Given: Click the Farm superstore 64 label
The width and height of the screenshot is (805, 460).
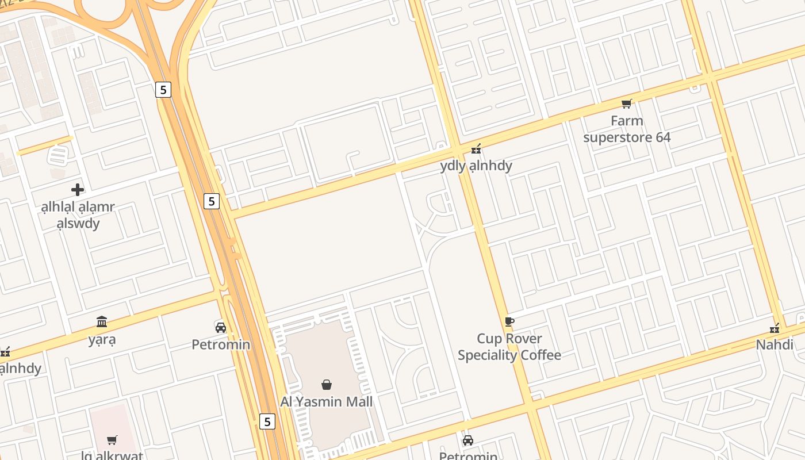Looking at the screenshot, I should tap(627, 129).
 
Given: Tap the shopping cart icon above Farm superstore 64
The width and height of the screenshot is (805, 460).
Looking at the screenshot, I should tap(627, 104).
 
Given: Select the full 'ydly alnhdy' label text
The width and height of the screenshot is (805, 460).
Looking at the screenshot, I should tap(476, 166).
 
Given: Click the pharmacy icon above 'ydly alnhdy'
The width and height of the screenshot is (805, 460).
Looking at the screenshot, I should tap(476, 149).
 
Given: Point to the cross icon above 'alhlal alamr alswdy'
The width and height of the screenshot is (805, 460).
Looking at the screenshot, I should tap(78, 190).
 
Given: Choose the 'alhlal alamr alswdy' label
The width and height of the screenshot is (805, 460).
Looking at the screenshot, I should tap(78, 215).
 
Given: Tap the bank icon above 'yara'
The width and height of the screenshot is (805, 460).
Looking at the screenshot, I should tap(102, 321).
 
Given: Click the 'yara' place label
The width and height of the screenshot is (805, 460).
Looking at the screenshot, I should tap(102, 339).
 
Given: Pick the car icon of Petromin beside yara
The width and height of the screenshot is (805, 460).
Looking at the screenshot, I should tap(220, 327).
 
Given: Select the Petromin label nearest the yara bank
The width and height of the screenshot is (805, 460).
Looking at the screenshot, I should tap(221, 344).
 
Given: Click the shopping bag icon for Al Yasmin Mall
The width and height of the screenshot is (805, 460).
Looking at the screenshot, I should tap(326, 385).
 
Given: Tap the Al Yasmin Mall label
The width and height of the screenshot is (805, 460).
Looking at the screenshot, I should tap(326, 401).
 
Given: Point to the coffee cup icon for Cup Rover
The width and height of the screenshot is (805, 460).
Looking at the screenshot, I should tap(509, 321).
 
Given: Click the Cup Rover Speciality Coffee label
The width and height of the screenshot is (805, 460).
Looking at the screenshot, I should tap(509, 347).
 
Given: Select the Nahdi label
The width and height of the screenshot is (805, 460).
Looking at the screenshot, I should tap(775, 345).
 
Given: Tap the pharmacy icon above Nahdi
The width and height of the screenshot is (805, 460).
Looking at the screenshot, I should tap(775, 328).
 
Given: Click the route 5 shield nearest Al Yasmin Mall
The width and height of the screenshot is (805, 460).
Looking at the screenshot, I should tap(267, 421).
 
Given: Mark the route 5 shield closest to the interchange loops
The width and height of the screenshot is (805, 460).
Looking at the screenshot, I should tap(163, 90).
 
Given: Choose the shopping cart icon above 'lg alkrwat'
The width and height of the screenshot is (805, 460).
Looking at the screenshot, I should tap(112, 440).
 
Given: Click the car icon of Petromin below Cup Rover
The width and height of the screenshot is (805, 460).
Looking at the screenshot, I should tap(468, 440).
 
